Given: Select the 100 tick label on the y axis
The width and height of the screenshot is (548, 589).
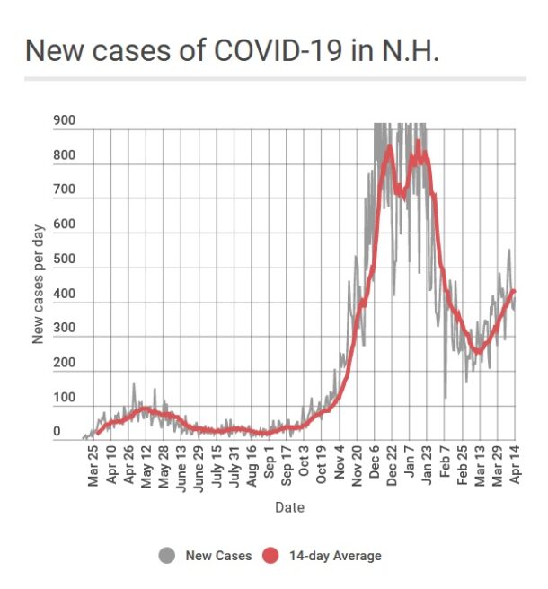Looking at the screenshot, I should click(x=64, y=398).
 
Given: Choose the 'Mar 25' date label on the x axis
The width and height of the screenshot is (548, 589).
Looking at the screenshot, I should click(x=93, y=466).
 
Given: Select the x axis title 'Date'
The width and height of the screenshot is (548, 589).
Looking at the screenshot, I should click(x=289, y=508).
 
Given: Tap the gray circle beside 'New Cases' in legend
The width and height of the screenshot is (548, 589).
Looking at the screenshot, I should click(x=166, y=556).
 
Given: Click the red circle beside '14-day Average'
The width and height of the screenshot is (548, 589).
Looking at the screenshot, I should click(x=270, y=556).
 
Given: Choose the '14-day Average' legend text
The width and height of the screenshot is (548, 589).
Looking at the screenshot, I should click(x=335, y=557).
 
